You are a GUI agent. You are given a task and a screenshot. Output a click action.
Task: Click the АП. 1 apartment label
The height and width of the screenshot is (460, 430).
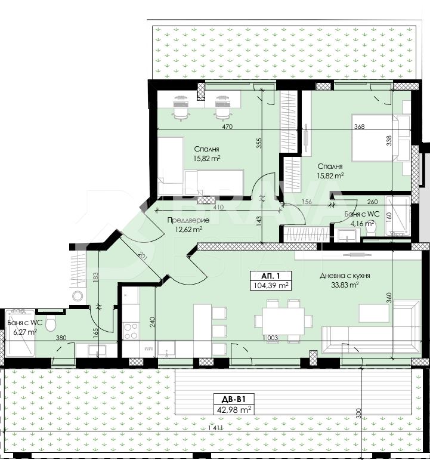tap(270, 276)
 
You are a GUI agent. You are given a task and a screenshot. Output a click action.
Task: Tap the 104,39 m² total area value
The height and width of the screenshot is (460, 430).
tap(270, 285)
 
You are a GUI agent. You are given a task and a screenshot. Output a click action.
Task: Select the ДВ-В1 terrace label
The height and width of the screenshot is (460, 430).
tap(233, 399)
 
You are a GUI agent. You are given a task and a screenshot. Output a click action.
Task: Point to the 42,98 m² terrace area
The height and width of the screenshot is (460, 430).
tap(233, 409)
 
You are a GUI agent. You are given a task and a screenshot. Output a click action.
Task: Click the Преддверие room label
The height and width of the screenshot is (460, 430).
tap(188, 220)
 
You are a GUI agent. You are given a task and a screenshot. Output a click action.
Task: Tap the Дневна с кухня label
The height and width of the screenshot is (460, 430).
tap(345, 276)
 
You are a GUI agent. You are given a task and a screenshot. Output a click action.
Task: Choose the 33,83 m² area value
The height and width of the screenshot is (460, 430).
tap(345, 285)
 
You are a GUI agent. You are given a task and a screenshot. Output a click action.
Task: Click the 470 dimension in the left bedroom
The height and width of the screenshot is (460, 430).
tap(227, 126)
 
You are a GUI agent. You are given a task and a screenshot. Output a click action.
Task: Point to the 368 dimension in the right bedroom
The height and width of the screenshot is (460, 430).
tap(359, 126)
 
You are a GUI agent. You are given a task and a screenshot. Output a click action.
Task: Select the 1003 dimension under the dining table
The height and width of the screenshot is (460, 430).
tap(270, 338)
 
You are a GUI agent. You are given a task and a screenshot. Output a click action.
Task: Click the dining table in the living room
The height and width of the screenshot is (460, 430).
tap(283, 320)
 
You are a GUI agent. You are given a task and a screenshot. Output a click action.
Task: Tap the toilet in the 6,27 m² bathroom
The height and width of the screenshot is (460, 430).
tap(51, 324)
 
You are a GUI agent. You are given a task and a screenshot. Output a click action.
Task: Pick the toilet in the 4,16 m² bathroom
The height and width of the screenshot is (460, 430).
tap(372, 229)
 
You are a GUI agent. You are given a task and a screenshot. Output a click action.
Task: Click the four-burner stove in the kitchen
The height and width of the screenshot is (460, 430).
tap(131, 331)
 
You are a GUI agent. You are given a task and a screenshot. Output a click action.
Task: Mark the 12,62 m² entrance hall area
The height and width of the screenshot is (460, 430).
tap(188, 229)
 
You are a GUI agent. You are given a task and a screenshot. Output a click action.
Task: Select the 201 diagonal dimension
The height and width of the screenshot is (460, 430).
tap(143, 258)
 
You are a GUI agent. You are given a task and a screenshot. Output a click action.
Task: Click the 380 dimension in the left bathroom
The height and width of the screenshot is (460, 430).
tap(61, 338)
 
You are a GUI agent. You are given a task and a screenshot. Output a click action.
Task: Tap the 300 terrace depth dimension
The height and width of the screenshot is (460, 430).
tap(358, 413)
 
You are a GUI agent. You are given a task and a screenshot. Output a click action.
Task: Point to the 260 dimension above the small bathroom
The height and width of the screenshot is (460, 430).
tap(372, 202)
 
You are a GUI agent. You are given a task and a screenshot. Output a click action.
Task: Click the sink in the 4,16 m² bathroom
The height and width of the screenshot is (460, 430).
tap(347, 235)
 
